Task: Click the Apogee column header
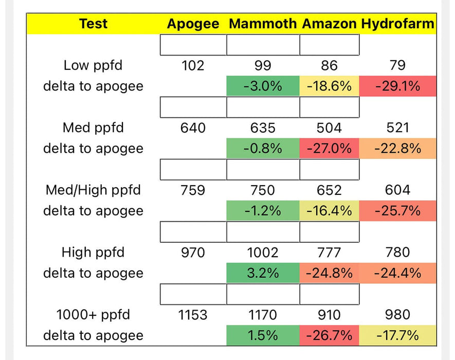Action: [x=193, y=24]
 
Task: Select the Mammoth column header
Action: [x=263, y=24]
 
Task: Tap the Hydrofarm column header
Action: [x=397, y=24]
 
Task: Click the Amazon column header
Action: [x=329, y=24]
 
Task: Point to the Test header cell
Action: [x=93, y=24]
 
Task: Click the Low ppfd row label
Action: [x=93, y=65]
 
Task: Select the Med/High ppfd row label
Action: [x=93, y=190]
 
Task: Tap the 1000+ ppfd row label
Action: [x=93, y=314]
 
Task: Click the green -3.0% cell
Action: [x=263, y=86]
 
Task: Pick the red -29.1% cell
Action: [x=397, y=86]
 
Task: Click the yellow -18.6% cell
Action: [x=329, y=86]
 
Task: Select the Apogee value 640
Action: [x=193, y=128]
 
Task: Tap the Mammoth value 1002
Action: [x=263, y=253]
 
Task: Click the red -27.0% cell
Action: [x=329, y=149]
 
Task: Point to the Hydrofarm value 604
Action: [x=397, y=190]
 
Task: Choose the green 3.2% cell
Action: [x=263, y=273]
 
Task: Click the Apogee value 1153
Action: [x=193, y=314]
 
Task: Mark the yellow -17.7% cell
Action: [x=397, y=335]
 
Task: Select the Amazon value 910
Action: [x=329, y=314]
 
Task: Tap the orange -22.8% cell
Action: [x=397, y=149]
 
